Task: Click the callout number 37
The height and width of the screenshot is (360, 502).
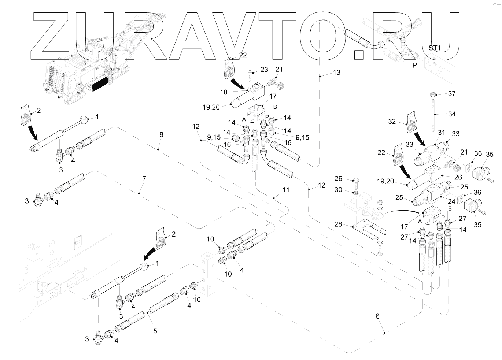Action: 452,94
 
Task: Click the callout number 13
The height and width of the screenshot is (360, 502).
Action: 336,73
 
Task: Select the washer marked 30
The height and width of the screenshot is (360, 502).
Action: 356,192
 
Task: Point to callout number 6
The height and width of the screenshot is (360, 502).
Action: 377,316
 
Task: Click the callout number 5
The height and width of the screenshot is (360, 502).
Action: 155,331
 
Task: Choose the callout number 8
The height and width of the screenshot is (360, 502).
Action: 161,135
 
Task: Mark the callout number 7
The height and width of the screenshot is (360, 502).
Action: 144,179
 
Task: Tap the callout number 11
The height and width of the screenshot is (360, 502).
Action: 285,190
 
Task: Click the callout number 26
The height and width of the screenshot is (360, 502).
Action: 458,177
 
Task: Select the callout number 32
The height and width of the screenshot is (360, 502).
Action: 392,121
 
